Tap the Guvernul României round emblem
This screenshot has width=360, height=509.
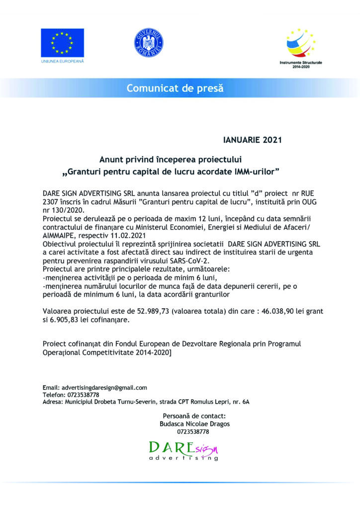coord(145,43)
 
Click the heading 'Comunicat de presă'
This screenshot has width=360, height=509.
coord(175,88)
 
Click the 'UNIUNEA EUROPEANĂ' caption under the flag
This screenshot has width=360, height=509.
coord(62,61)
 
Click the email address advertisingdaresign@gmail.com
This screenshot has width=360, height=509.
coord(103,387)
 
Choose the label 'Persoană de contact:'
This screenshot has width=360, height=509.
coord(194,416)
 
